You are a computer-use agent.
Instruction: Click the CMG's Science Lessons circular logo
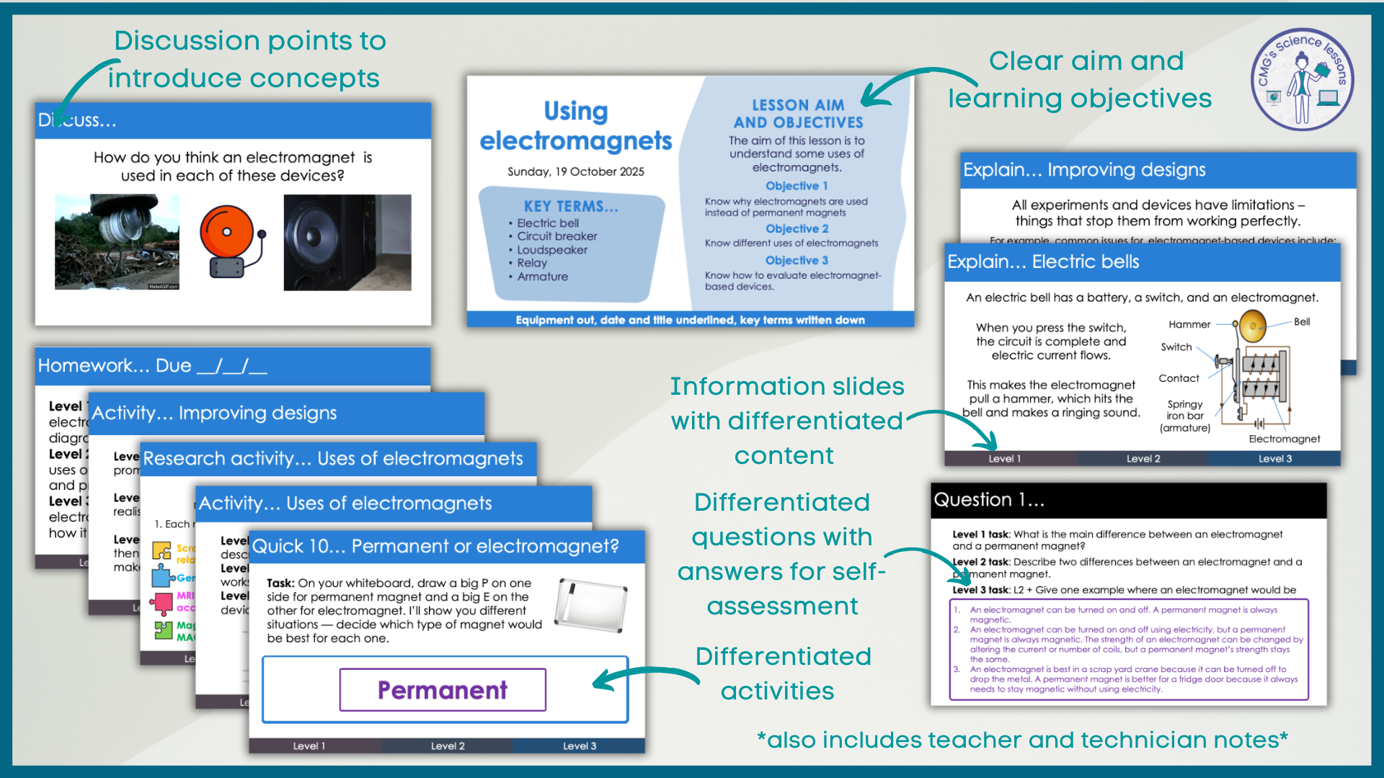[x=1302, y=79]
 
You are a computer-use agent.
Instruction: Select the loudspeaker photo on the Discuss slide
[x=347, y=242]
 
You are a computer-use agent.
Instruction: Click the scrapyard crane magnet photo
[x=117, y=242]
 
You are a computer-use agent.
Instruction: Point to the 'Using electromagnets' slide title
[x=575, y=126]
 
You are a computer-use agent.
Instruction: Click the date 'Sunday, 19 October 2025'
[x=575, y=171]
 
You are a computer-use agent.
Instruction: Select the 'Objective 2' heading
[x=797, y=228]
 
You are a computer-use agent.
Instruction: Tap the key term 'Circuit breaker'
[x=556, y=236]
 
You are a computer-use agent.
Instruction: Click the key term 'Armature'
[x=542, y=277]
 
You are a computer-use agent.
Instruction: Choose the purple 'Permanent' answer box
[x=443, y=690]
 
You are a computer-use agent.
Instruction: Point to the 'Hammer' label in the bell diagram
[x=1189, y=325]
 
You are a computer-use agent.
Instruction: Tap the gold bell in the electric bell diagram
[x=1253, y=326]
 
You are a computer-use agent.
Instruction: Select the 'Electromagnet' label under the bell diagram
[x=1284, y=439]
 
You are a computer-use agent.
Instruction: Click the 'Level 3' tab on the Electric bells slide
[x=1274, y=459]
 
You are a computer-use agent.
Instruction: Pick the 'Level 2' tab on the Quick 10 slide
[x=448, y=746]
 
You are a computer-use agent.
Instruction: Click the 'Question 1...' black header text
[x=988, y=500]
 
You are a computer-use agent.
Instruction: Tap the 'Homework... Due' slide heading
[x=152, y=366]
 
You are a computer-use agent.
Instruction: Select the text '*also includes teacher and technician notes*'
[x=1021, y=740]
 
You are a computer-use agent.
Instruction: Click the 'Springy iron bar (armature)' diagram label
[x=1184, y=416]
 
